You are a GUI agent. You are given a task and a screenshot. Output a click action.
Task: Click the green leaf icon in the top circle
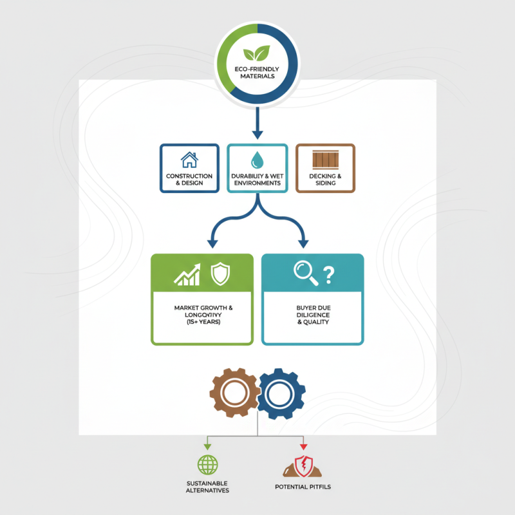[x=257, y=55]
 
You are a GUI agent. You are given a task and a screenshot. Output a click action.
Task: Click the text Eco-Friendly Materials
[x=257, y=73]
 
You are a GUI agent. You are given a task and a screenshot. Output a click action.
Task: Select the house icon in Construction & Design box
[x=189, y=160]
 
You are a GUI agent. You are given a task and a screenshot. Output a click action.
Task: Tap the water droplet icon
[x=257, y=160]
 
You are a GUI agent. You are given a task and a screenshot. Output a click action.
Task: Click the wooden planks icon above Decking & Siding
[x=325, y=160]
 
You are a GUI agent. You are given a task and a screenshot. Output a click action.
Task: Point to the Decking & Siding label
[x=325, y=179]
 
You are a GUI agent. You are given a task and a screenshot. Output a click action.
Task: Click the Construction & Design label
[x=189, y=179]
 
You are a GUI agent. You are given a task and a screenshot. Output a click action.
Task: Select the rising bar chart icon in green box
[x=188, y=276]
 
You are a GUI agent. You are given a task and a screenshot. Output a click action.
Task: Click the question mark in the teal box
[x=329, y=275]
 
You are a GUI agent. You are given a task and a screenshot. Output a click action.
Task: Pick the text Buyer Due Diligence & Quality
[x=313, y=315]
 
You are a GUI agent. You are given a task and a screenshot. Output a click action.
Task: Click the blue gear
[x=280, y=392]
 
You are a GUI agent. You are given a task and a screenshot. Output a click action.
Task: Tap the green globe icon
[x=208, y=464]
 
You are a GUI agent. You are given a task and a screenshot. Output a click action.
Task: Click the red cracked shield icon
[x=302, y=464]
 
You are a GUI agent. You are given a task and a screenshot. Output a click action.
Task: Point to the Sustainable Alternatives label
[x=208, y=486]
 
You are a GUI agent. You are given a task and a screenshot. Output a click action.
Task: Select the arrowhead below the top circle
[x=257, y=134]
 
